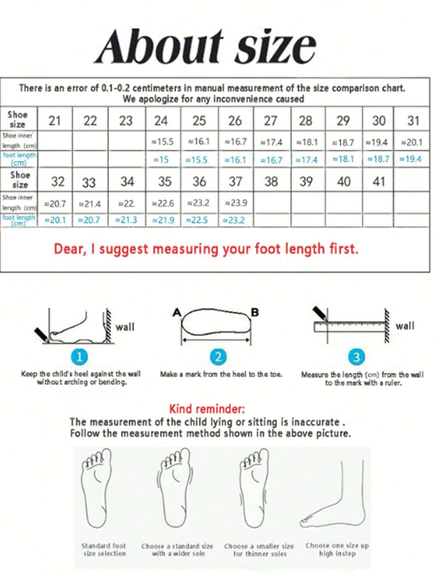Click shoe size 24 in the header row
click(x=161, y=121)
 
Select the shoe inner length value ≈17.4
click(x=271, y=142)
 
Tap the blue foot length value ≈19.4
click(x=411, y=159)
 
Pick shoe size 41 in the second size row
click(x=379, y=182)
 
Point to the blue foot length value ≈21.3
click(x=126, y=220)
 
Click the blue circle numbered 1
click(x=79, y=357)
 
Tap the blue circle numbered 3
click(x=356, y=357)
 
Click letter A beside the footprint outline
click(x=177, y=313)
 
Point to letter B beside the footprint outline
click(x=255, y=313)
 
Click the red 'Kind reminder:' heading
click(x=207, y=409)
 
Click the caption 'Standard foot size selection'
click(x=104, y=549)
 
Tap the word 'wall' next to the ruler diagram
click(x=405, y=326)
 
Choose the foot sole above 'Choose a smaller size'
click(x=255, y=487)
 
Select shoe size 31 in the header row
click(x=413, y=121)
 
